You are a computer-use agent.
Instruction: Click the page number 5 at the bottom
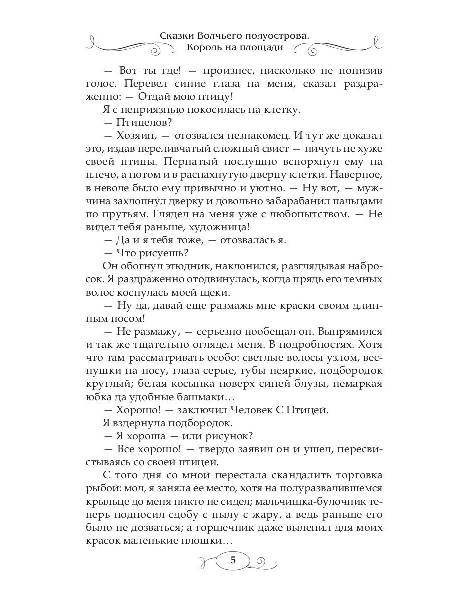pos(233,560)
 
